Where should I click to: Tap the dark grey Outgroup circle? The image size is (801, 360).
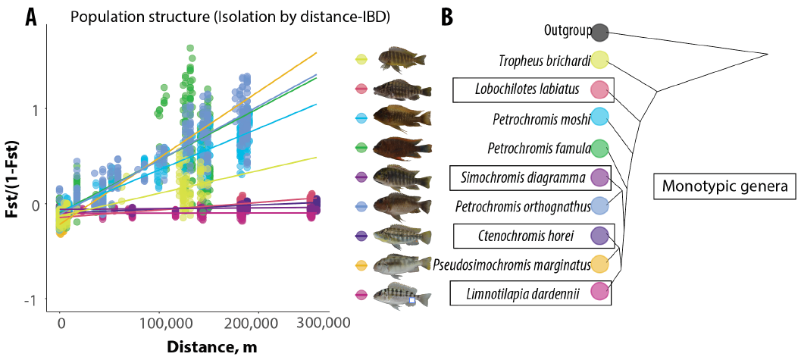[599, 32]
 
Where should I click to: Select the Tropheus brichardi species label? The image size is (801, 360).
[544, 61]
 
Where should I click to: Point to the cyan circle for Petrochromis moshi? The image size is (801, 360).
[599, 118]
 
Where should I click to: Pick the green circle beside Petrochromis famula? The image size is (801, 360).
[599, 148]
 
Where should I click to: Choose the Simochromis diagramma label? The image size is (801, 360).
[522, 177]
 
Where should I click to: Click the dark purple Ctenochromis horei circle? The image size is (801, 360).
[599, 236]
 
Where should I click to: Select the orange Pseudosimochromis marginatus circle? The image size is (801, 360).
[599, 264]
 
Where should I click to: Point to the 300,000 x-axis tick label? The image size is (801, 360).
[321, 324]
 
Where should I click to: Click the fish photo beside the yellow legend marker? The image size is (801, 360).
[402, 59]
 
